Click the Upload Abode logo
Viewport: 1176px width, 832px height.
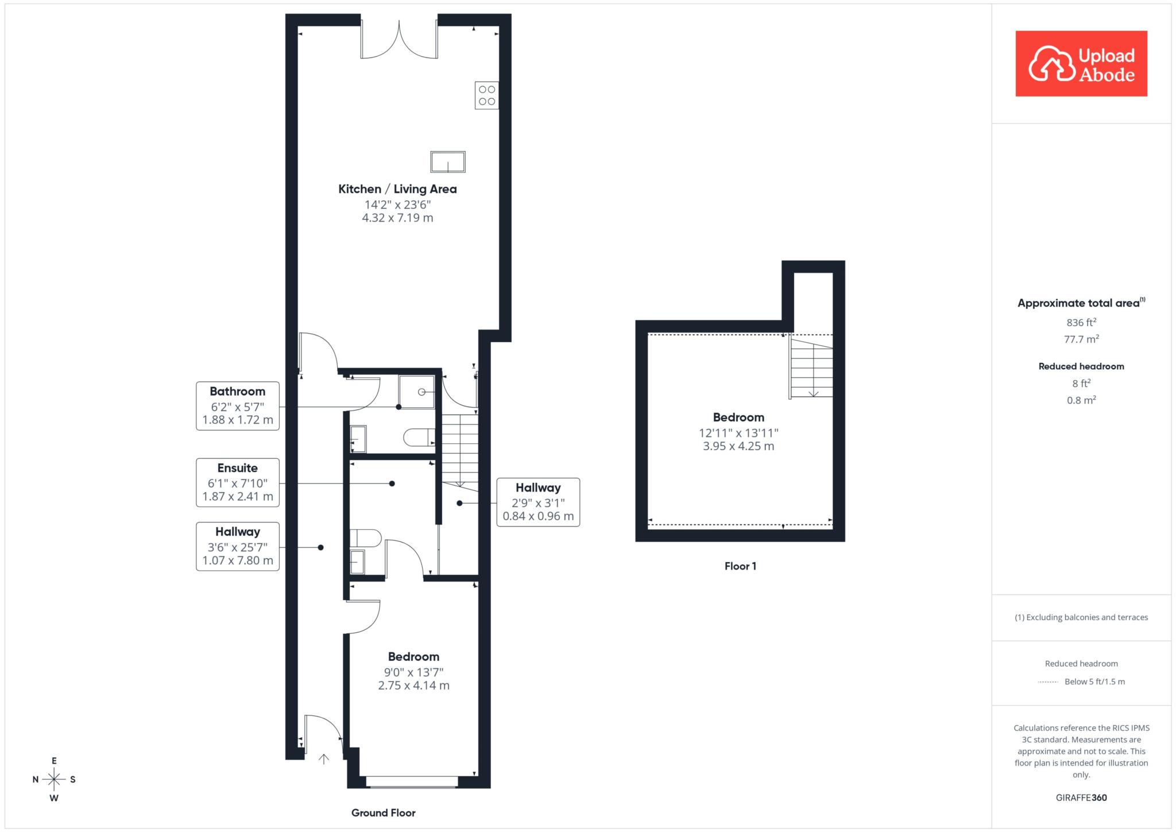tap(1081, 63)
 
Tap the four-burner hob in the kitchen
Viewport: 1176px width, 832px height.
tap(487, 95)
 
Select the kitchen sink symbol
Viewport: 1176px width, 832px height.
tap(448, 162)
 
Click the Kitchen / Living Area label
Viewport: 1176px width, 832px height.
tap(397, 189)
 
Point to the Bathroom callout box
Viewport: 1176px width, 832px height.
tap(238, 406)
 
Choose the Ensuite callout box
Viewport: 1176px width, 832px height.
tap(238, 482)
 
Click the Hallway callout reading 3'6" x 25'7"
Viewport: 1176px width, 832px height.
tap(238, 546)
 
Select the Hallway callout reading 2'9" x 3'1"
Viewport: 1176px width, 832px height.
tap(538, 502)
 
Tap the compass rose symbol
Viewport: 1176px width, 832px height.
tap(54, 779)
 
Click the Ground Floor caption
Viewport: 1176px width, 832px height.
tap(383, 812)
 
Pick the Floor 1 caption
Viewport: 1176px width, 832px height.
tap(740, 566)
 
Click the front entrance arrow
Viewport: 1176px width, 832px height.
tap(324, 759)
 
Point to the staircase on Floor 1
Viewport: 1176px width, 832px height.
tap(811, 367)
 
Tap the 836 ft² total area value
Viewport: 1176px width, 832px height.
tap(1081, 322)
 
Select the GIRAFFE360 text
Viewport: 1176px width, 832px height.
tap(1081, 798)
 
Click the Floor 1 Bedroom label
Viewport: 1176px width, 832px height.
tap(738, 417)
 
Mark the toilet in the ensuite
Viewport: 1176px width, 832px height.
tap(366, 538)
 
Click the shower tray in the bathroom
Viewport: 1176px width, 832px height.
tap(417, 392)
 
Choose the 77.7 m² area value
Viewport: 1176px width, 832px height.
tap(1081, 339)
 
